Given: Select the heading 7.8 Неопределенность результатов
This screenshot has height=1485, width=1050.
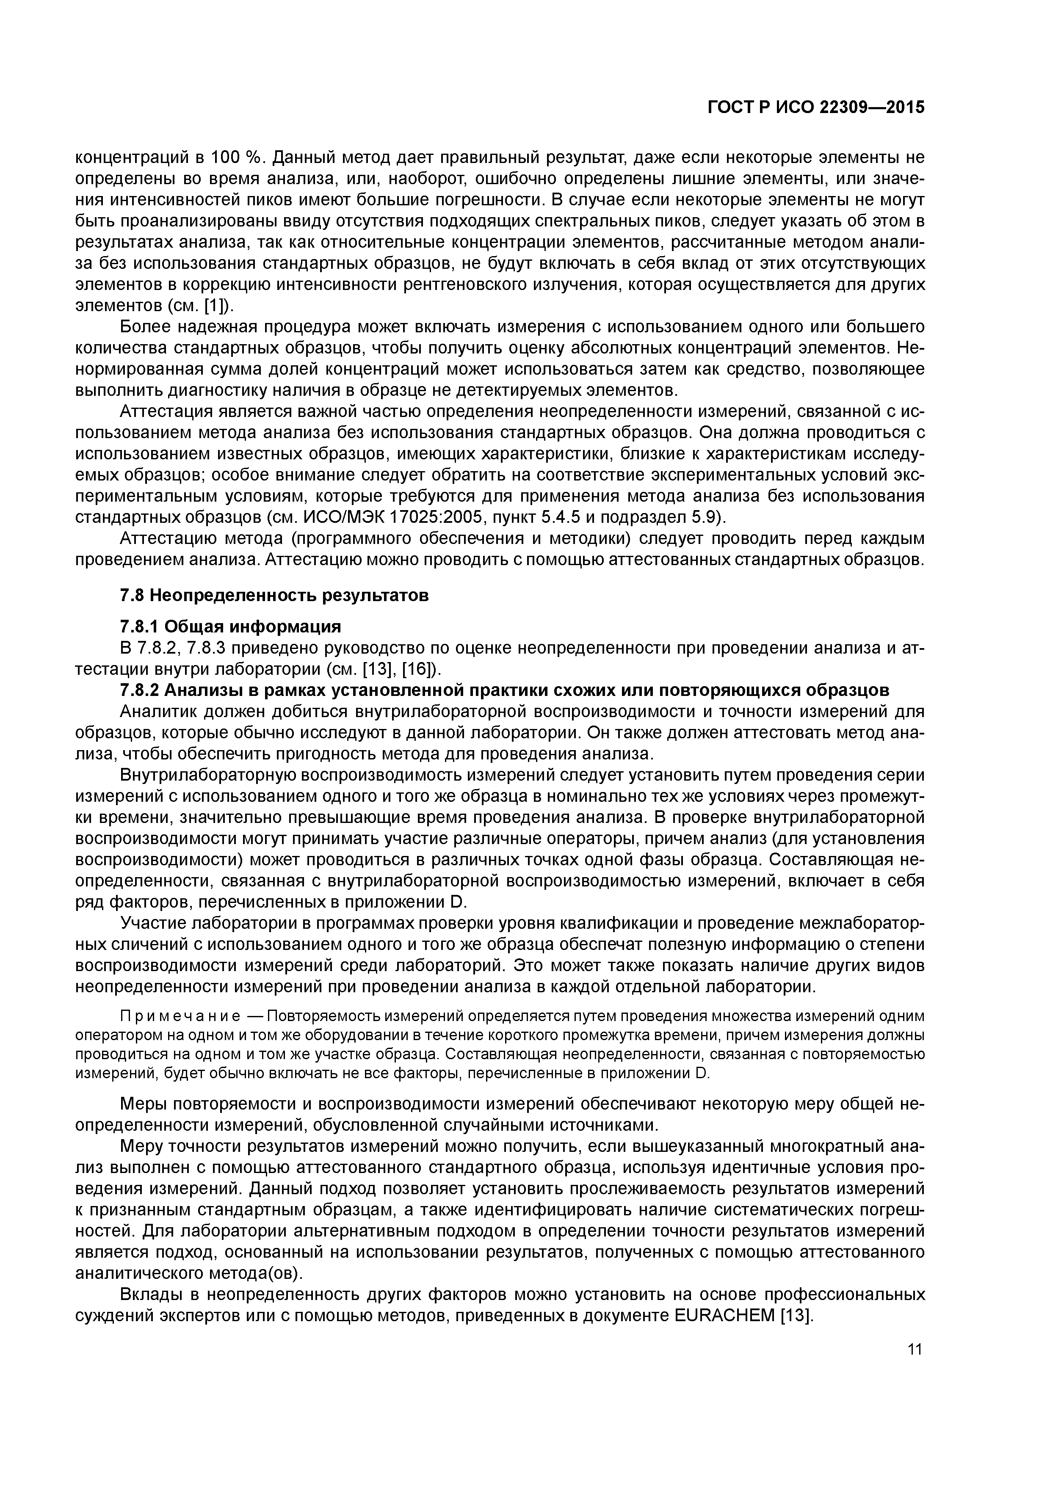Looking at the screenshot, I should click(274, 595).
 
